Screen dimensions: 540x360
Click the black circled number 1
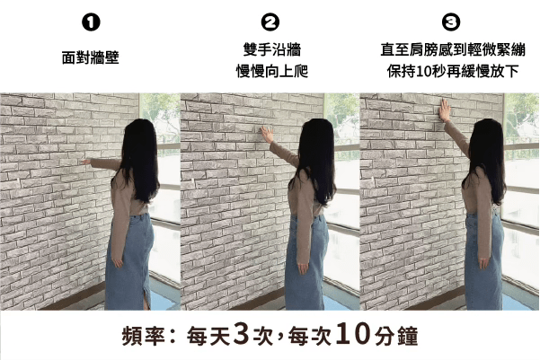pyautogui.click(x=91, y=22)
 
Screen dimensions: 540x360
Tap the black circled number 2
pyautogui.click(x=270, y=22)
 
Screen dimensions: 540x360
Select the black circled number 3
pyautogui.click(x=451, y=22)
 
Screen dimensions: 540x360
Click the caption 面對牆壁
pyautogui.click(x=91, y=57)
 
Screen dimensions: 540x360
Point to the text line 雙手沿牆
pyautogui.click(x=271, y=49)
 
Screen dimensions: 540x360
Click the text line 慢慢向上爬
pyautogui.click(x=271, y=71)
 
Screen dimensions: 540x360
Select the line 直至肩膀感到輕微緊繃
pyautogui.click(x=453, y=49)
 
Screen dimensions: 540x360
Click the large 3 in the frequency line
pyautogui.click(x=242, y=333)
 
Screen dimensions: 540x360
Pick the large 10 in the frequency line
pyautogui.click(x=354, y=333)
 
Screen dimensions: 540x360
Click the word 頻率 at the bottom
pyautogui.click(x=144, y=336)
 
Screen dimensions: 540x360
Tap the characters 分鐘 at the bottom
pyautogui.click(x=397, y=336)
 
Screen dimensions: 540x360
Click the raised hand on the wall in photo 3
pyautogui.click(x=445, y=110)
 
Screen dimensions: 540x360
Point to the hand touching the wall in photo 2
pyautogui.click(x=267, y=134)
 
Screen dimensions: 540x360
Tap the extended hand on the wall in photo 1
pyautogui.click(x=86, y=162)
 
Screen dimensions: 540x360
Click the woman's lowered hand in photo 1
pyautogui.click(x=118, y=262)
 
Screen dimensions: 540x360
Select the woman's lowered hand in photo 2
pyautogui.click(x=303, y=268)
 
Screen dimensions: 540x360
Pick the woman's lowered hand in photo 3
pyautogui.click(x=484, y=263)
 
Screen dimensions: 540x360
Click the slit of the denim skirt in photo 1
pyautogui.click(x=147, y=298)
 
